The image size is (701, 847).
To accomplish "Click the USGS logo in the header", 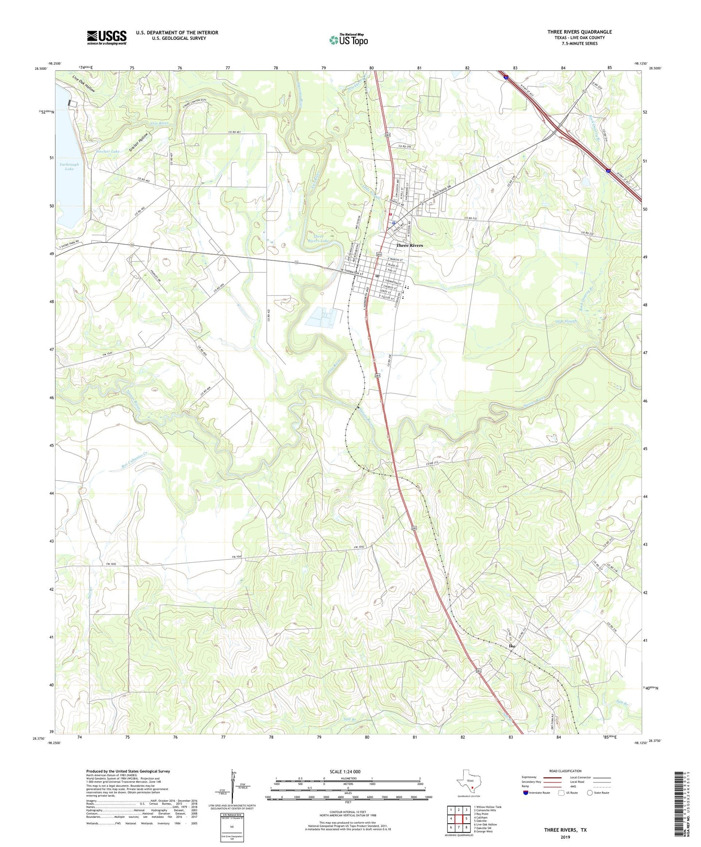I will tap(107, 37).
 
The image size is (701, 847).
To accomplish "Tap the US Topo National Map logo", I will tap(348, 40).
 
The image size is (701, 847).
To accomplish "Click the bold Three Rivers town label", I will tap(409, 245).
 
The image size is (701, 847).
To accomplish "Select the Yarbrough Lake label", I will tap(69, 167).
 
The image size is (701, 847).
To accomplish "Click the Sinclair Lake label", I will tap(107, 151).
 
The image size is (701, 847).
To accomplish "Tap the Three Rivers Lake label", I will tap(318, 238).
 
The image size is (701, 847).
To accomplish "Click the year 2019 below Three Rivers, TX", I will tap(565, 837).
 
